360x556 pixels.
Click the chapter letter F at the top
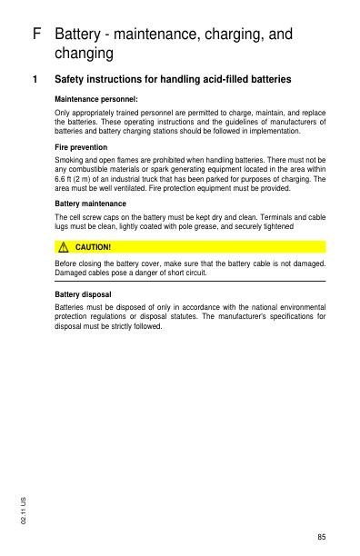[x=36, y=35]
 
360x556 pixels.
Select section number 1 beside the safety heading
[x=35, y=80]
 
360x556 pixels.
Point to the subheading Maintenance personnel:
[x=96, y=98]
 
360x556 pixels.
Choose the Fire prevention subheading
[x=82, y=146]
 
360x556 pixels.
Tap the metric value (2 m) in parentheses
[x=90, y=179]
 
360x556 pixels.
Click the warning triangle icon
[x=65, y=246]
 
